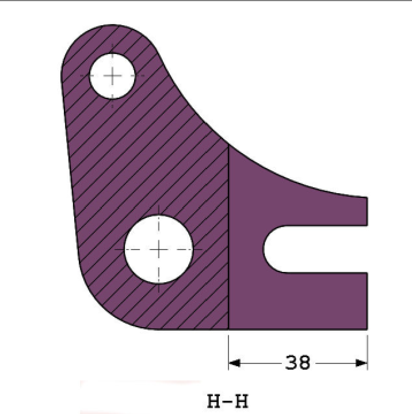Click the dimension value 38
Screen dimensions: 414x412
[x=297, y=362]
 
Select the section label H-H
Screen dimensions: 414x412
[x=227, y=400]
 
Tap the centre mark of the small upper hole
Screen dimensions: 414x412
[x=112, y=75]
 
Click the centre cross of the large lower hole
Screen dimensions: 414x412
[x=159, y=250]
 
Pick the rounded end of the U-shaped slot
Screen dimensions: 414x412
[x=266, y=248]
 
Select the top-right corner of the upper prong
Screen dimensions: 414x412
[x=367, y=197]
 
